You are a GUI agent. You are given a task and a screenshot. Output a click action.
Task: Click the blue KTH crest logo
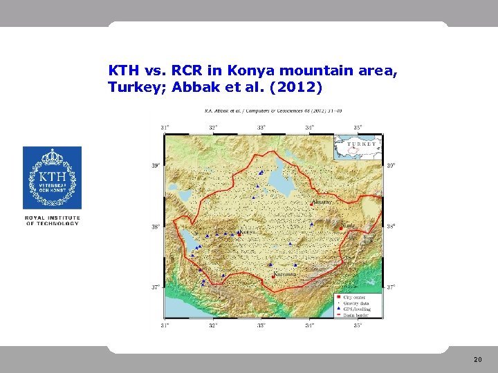click(52, 178)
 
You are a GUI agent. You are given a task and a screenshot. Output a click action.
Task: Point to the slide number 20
click(477, 360)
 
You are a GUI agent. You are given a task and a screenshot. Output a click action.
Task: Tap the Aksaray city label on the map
click(324, 202)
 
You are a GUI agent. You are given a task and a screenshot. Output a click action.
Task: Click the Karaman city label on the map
click(285, 274)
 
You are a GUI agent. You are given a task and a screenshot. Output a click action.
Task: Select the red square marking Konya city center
click(239, 233)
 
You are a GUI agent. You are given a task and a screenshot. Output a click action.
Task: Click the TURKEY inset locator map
click(358, 146)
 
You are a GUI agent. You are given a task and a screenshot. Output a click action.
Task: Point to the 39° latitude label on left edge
click(156, 165)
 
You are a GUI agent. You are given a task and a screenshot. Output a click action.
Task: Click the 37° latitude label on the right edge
click(391, 287)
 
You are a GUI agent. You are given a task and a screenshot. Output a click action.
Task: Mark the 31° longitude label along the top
click(165, 127)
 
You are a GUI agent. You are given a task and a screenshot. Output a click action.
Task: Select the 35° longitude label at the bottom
click(358, 325)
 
